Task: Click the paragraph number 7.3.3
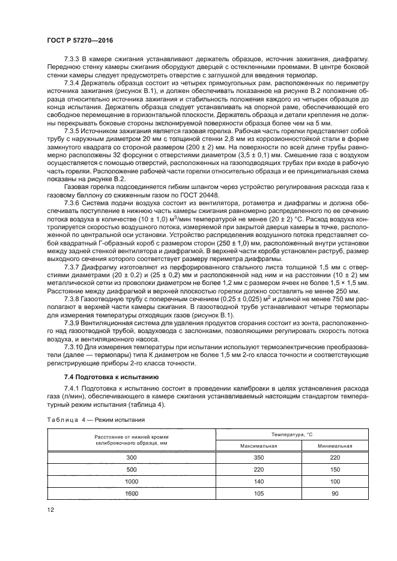tap(72, 61)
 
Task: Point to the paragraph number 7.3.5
tap(72, 131)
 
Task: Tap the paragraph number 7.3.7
tap(72, 265)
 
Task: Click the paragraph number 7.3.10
tap(73, 346)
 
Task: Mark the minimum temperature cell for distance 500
tap(335, 469)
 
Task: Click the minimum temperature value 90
tap(335, 493)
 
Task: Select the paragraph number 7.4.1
tap(72, 389)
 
